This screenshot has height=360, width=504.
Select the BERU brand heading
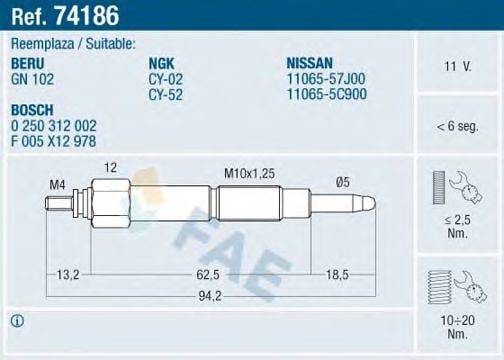coord(28,62)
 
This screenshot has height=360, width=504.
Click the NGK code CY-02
coord(164,75)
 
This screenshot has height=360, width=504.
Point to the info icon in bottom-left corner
coord(16,321)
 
